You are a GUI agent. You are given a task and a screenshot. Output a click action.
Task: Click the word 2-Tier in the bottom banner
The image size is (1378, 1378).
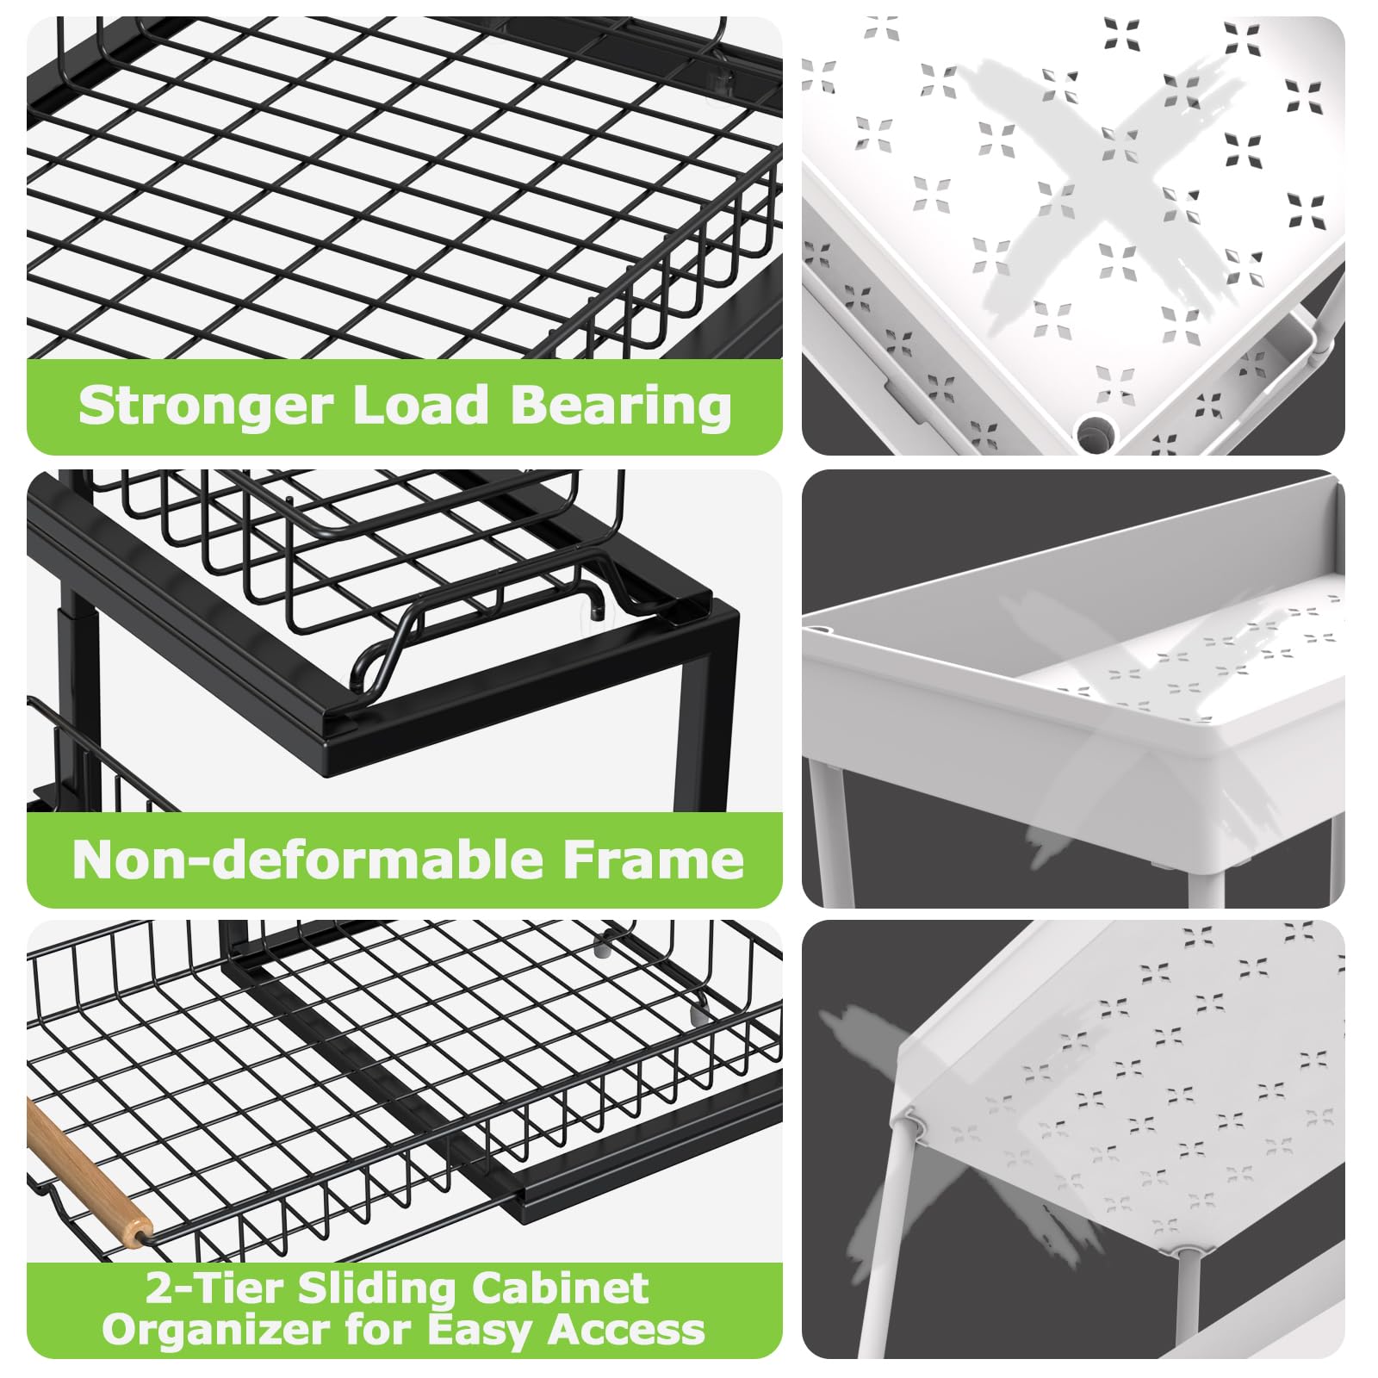214,1288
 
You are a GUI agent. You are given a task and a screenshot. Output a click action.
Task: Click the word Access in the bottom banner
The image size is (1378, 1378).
627,1331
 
